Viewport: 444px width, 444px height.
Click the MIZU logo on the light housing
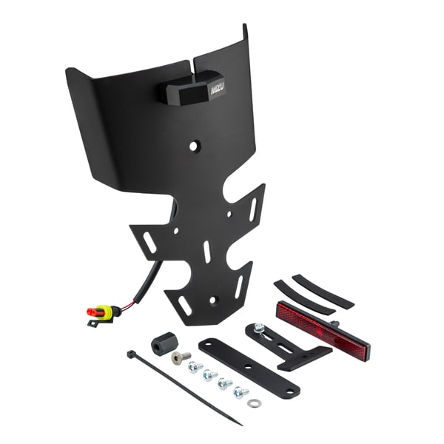[218, 89]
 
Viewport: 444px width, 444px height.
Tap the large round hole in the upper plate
[193, 147]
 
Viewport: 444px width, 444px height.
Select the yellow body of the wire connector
[104, 313]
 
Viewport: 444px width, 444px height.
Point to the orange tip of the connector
[91, 312]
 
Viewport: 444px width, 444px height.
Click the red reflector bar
[323, 331]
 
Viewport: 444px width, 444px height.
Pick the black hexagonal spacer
[162, 344]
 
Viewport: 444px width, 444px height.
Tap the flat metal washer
[254, 403]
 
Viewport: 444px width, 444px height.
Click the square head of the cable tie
[130, 354]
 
